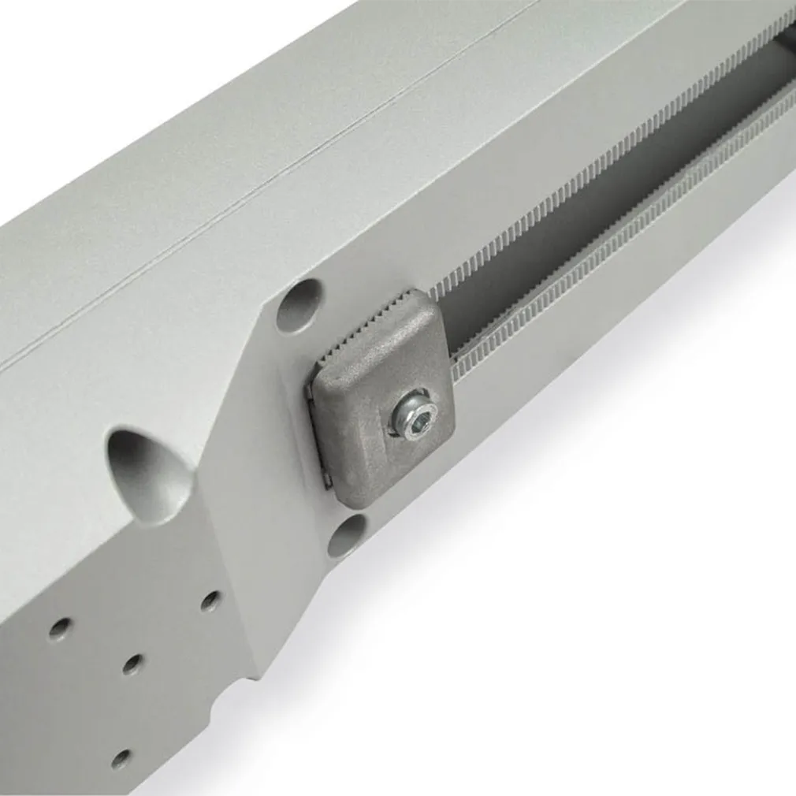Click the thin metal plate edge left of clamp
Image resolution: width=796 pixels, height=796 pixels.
[x=319, y=441]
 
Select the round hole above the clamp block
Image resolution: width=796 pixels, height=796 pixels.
[x=299, y=305]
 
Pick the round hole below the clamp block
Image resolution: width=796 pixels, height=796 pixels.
[x=347, y=535]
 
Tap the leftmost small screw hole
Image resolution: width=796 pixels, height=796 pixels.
[x=60, y=628]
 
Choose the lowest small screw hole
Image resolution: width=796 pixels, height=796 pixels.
[x=121, y=759]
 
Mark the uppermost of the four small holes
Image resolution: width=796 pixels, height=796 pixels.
[x=210, y=601]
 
